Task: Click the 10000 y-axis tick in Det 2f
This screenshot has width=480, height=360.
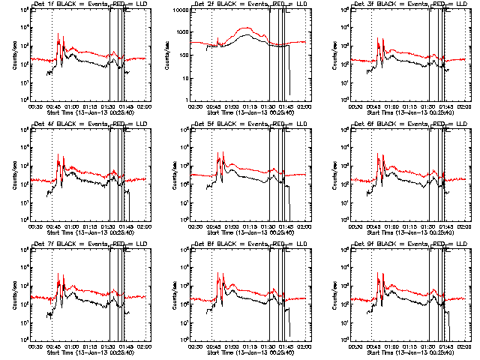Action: point(178,11)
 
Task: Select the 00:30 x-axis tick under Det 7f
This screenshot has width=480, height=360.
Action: point(34,347)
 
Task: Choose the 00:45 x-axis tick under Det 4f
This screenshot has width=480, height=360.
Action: point(52,227)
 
